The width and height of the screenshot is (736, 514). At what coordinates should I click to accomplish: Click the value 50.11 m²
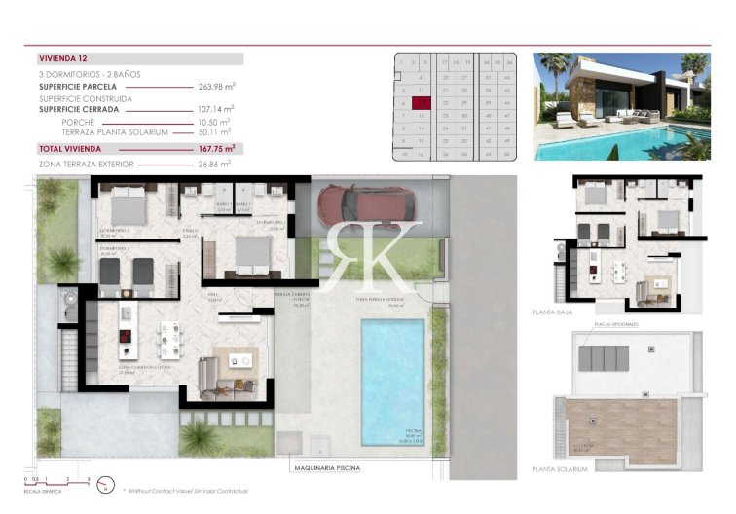click(214, 131)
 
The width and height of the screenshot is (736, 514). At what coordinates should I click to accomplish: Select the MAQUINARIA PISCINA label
click(326, 468)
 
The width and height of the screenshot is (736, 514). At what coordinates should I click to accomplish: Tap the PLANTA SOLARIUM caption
click(561, 469)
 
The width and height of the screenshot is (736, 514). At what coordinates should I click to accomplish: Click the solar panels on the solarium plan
click(604, 357)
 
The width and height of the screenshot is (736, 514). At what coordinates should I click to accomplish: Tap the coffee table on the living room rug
click(239, 361)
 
